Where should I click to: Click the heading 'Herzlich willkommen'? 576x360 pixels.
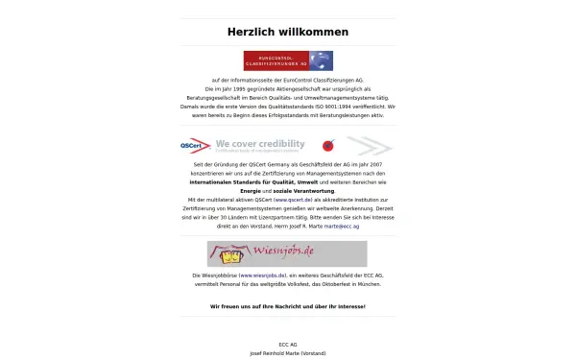[x=287, y=32]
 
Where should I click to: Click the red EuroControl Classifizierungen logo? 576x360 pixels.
[x=275, y=60]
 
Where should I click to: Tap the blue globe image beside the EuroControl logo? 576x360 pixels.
[x=321, y=60]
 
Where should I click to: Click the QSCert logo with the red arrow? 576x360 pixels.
[x=195, y=146]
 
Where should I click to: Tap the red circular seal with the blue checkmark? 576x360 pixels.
[x=327, y=147]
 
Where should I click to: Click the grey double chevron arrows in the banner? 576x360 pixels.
[x=370, y=146]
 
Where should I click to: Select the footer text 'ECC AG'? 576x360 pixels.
[x=288, y=344]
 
